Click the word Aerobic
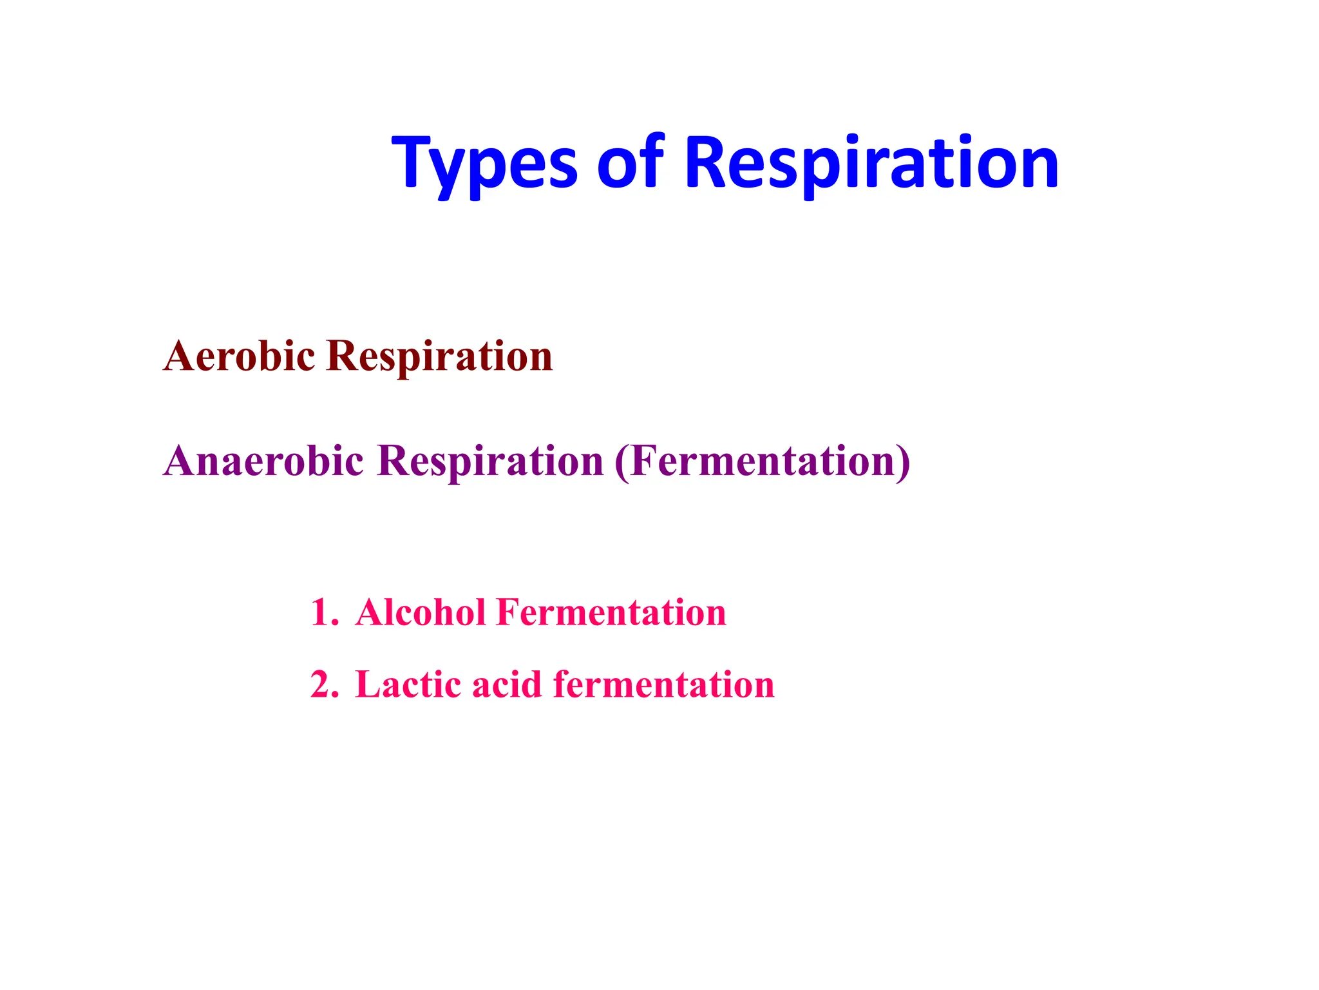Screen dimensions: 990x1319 (239, 356)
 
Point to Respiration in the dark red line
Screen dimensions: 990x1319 (439, 357)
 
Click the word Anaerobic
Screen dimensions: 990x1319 (263, 461)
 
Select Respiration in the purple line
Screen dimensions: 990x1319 (490, 462)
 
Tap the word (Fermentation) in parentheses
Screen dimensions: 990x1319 (763, 461)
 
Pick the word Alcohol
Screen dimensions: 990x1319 (420, 612)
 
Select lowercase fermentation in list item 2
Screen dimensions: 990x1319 (663, 684)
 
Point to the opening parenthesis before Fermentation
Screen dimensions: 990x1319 (622, 461)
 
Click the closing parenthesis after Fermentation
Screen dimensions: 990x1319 (904, 461)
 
